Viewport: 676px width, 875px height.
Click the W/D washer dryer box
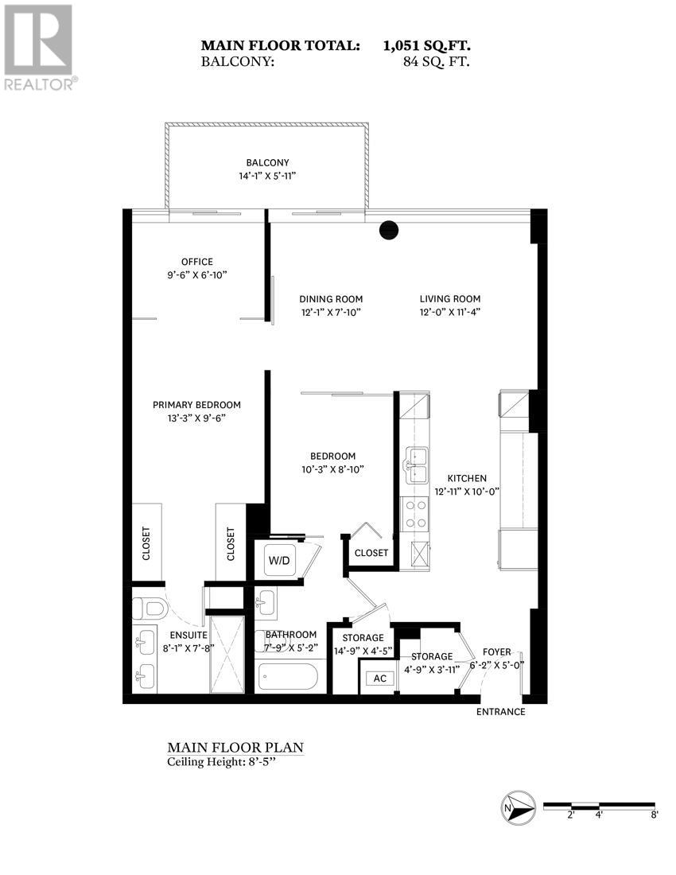(x=279, y=560)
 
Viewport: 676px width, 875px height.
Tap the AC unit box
(x=379, y=679)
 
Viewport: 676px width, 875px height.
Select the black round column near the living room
(x=388, y=230)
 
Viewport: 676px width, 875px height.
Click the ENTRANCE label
(x=501, y=712)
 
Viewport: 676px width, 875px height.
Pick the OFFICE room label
(x=196, y=262)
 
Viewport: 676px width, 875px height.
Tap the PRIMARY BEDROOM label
(x=196, y=405)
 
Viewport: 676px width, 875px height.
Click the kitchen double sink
(x=416, y=465)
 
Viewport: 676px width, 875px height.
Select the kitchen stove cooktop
(x=414, y=514)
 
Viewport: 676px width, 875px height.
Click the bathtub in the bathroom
(x=288, y=679)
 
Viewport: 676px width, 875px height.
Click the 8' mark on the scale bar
(x=654, y=815)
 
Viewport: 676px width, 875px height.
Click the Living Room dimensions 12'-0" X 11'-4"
(x=450, y=312)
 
